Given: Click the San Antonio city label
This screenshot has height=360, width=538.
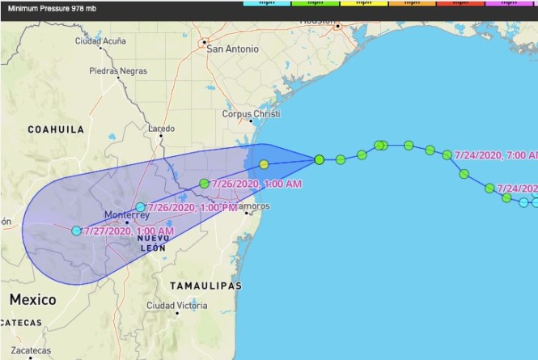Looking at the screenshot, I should tap(234, 49).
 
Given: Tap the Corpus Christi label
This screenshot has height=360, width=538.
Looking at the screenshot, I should tap(251, 114).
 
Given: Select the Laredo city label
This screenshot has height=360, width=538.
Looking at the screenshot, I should tap(161, 129).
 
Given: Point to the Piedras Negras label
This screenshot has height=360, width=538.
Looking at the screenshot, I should tap(118, 70).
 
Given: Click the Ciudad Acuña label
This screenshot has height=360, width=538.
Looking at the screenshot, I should tap(101, 40).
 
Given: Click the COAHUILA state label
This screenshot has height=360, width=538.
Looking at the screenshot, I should tap(57, 129).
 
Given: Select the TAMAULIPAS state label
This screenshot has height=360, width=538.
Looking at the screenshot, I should tap(206, 286).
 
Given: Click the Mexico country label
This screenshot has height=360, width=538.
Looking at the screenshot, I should tap(32, 299).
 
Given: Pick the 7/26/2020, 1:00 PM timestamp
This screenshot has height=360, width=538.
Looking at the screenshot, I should tap(191, 207).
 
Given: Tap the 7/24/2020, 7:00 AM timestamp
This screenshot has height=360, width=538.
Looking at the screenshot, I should tap(495, 154).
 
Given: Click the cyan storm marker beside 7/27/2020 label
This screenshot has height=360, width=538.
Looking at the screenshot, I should tap(76, 231).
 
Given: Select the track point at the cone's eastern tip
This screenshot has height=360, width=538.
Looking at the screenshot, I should tap(320, 159).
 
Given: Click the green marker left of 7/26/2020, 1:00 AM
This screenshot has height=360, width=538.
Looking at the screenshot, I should tap(204, 184).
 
